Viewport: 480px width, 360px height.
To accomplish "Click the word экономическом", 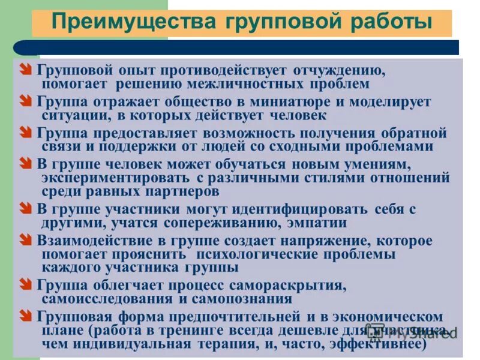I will click(x=392, y=316).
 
